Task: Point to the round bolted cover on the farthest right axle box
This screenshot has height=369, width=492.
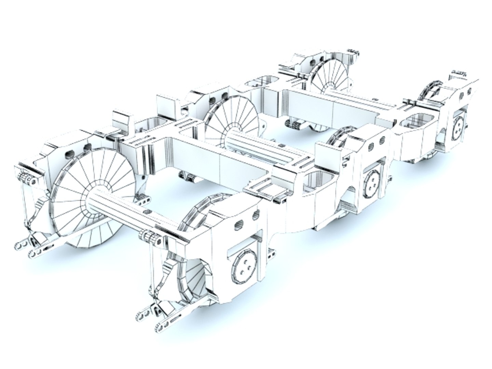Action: (458, 128)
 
